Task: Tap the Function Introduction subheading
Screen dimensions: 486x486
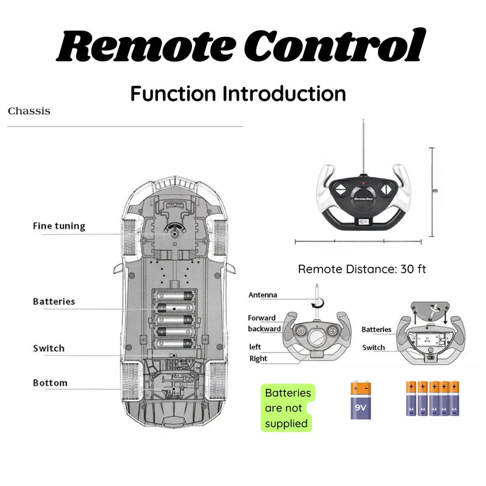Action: tap(238, 94)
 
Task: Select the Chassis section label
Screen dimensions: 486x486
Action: tap(29, 111)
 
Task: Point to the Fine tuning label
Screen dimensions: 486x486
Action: tap(59, 226)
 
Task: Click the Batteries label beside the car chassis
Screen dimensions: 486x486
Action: tap(54, 301)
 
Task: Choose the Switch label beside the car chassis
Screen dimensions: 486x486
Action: tap(49, 348)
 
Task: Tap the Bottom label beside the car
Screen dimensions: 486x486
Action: tap(50, 383)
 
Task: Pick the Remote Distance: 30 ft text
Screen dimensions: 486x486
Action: tap(361, 269)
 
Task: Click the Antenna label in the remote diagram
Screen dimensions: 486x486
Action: tap(262, 295)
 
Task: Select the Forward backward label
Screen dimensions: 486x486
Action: tap(264, 323)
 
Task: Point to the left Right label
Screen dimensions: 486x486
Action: tap(258, 352)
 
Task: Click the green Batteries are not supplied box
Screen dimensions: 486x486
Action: tap(288, 408)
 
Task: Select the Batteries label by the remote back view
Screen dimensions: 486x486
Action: tap(377, 329)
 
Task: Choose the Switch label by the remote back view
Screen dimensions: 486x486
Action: tap(374, 347)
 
